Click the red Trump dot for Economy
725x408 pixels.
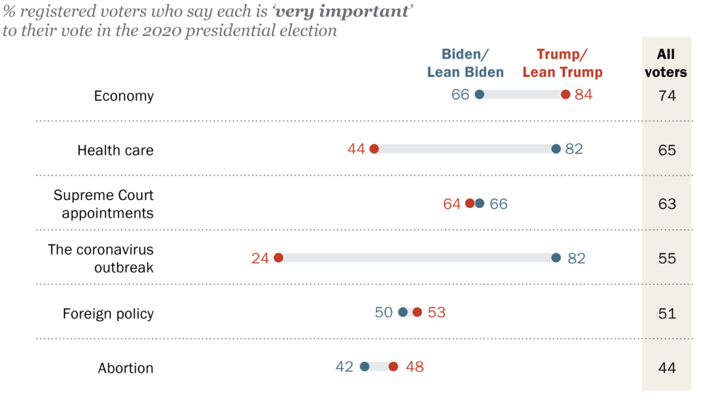click(x=565, y=95)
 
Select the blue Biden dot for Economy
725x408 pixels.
click(x=479, y=95)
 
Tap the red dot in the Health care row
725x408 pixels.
click(x=374, y=149)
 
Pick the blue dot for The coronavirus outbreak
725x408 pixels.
click(x=556, y=258)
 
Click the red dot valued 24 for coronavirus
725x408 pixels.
click(x=278, y=258)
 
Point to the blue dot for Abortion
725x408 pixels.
click(x=365, y=367)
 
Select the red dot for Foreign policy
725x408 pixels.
click(x=417, y=313)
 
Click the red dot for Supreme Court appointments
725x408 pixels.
click(x=469, y=204)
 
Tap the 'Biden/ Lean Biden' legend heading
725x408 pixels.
click(x=465, y=63)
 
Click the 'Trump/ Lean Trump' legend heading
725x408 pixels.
click(x=562, y=63)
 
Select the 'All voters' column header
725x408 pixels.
click(x=666, y=63)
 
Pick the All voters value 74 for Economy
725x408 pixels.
click(x=666, y=95)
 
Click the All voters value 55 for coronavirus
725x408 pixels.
click(x=666, y=259)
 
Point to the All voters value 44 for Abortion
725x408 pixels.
click(x=666, y=368)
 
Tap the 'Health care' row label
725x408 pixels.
click(x=115, y=150)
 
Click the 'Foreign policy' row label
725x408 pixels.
click(x=108, y=313)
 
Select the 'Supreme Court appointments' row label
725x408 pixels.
click(x=103, y=204)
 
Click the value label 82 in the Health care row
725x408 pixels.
click(x=573, y=150)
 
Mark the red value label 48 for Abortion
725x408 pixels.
click(x=414, y=367)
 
